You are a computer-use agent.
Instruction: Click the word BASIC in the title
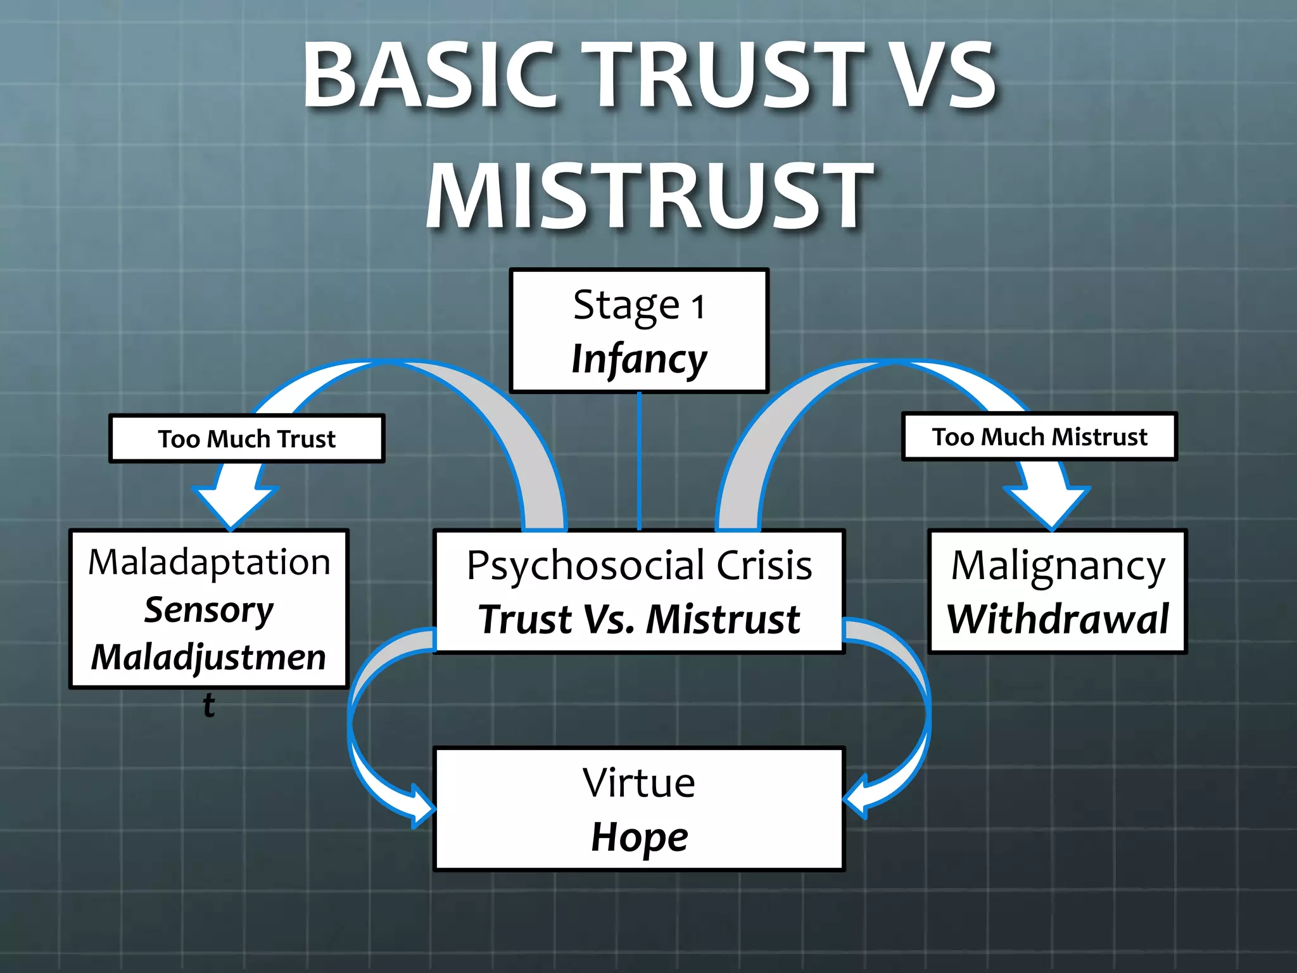pos(430,75)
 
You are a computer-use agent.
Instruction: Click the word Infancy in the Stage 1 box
pos(639,359)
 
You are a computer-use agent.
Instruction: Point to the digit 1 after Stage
pos(697,307)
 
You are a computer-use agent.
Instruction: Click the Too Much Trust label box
pos(247,438)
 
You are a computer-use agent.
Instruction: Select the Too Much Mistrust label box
pos(1039,436)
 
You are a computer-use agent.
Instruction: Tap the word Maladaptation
pos(209,562)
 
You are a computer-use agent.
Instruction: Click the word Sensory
pos(209,610)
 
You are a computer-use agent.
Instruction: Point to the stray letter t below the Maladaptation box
pos(209,704)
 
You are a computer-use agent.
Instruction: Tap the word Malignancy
pos(1058,565)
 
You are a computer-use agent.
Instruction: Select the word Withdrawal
pos(1058,619)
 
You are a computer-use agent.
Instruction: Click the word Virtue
pos(639,783)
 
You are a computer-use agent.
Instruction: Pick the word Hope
pos(639,837)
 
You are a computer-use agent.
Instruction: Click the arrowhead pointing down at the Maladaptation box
pos(232,507)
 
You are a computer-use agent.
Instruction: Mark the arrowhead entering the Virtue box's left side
pos(421,806)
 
